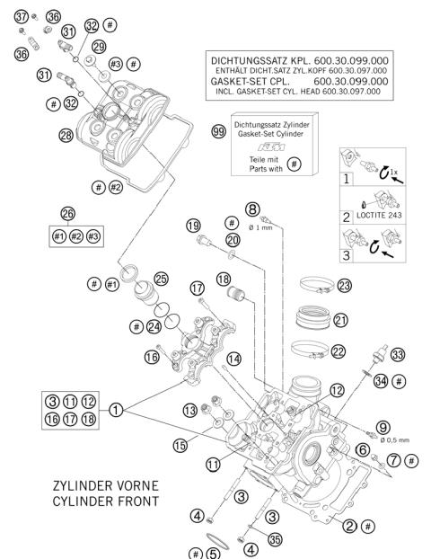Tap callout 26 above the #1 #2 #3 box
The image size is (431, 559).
pyautogui.click(x=68, y=213)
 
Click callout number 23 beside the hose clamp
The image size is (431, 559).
pyautogui.click(x=343, y=285)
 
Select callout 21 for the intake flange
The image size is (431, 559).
pyautogui.click(x=340, y=319)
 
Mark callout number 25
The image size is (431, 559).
pyautogui.click(x=162, y=279)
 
